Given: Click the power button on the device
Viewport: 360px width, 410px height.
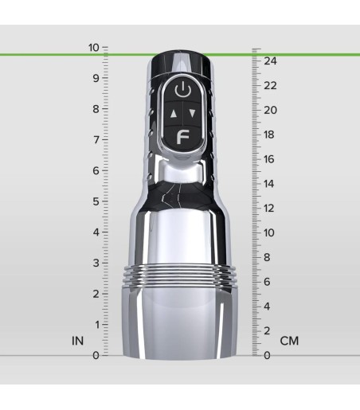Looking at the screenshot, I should pos(183,89).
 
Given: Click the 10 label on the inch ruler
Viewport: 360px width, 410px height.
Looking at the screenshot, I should pos(94,47).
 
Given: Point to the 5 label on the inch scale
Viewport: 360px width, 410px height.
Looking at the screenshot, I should pos(96,201).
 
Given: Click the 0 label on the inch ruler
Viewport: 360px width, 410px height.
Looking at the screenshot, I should pos(96,355).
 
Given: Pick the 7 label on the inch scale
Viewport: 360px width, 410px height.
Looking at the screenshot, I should pos(96,140).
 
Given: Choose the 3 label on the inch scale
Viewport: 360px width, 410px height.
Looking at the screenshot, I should pos(96,263).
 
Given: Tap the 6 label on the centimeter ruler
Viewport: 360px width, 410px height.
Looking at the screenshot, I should pos(268,282).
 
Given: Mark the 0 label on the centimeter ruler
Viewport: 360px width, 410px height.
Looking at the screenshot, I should pos(268,355).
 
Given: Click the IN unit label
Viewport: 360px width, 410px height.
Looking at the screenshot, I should pos(77,341).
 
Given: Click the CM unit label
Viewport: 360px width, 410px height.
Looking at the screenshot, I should pos(289,341).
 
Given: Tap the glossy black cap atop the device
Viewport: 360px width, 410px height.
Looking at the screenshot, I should pos(182,62).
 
